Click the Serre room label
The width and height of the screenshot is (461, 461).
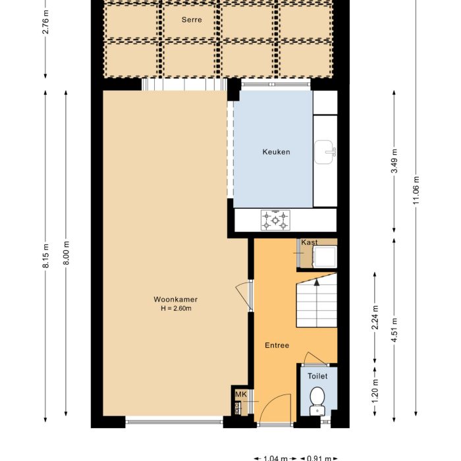point(192,20)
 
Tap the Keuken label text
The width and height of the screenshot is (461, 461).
point(276,152)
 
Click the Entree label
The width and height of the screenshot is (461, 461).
point(277,345)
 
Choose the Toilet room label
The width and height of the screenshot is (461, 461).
point(317,376)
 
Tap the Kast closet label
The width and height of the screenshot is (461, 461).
point(309,242)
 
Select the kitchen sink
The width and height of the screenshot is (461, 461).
point(325,151)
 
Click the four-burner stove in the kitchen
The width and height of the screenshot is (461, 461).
point(275,220)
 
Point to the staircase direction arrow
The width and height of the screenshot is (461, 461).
point(317,282)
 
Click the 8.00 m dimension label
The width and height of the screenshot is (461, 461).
point(67,254)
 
